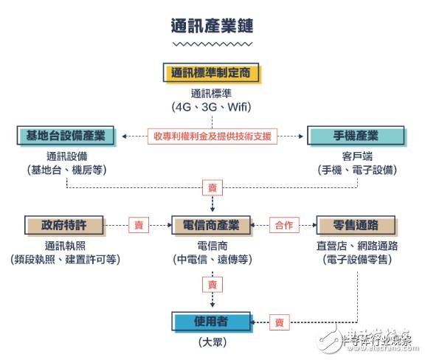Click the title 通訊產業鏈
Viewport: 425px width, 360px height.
coord(212,26)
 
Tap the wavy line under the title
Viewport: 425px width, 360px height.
coord(212,45)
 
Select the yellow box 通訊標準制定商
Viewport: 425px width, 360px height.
coord(212,73)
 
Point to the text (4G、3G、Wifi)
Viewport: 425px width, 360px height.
coord(212,107)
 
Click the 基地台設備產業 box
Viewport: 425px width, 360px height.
coord(66,136)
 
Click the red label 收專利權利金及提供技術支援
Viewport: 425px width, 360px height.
coord(212,136)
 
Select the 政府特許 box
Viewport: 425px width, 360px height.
coord(66,224)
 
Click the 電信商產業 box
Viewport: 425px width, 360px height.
coord(212,224)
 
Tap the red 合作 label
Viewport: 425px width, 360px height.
coord(284,224)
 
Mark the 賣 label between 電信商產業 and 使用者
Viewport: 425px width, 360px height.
coord(212,284)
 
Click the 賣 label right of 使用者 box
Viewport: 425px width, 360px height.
coord(279,322)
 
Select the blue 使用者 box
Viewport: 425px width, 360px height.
coord(211,322)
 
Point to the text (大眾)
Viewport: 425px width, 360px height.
coord(212,342)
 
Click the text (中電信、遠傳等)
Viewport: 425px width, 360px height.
coord(212,260)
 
